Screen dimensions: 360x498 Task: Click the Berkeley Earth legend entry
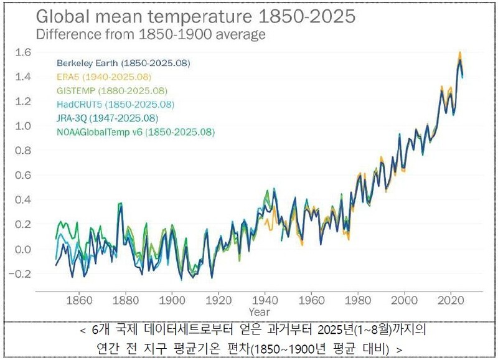pos(123,63)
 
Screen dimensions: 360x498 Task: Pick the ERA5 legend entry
pos(103,77)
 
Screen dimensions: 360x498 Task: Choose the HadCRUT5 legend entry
pos(115,104)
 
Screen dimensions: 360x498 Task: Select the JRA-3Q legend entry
pos(107,118)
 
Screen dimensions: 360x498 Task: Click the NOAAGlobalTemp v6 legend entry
pos(136,132)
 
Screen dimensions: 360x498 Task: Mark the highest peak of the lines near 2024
pos(459,54)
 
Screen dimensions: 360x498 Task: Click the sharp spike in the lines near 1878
pos(120,204)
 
